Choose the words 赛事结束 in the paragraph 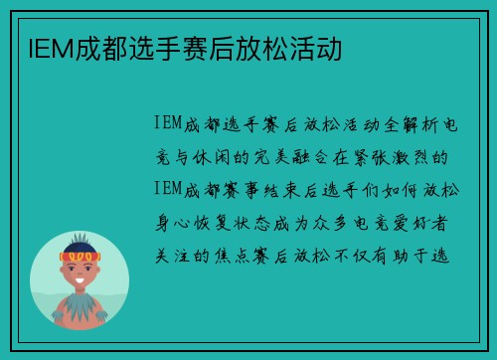pos(260,189)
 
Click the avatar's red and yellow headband pos(81,258)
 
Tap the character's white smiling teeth pos(81,281)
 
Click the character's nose pos(81,272)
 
